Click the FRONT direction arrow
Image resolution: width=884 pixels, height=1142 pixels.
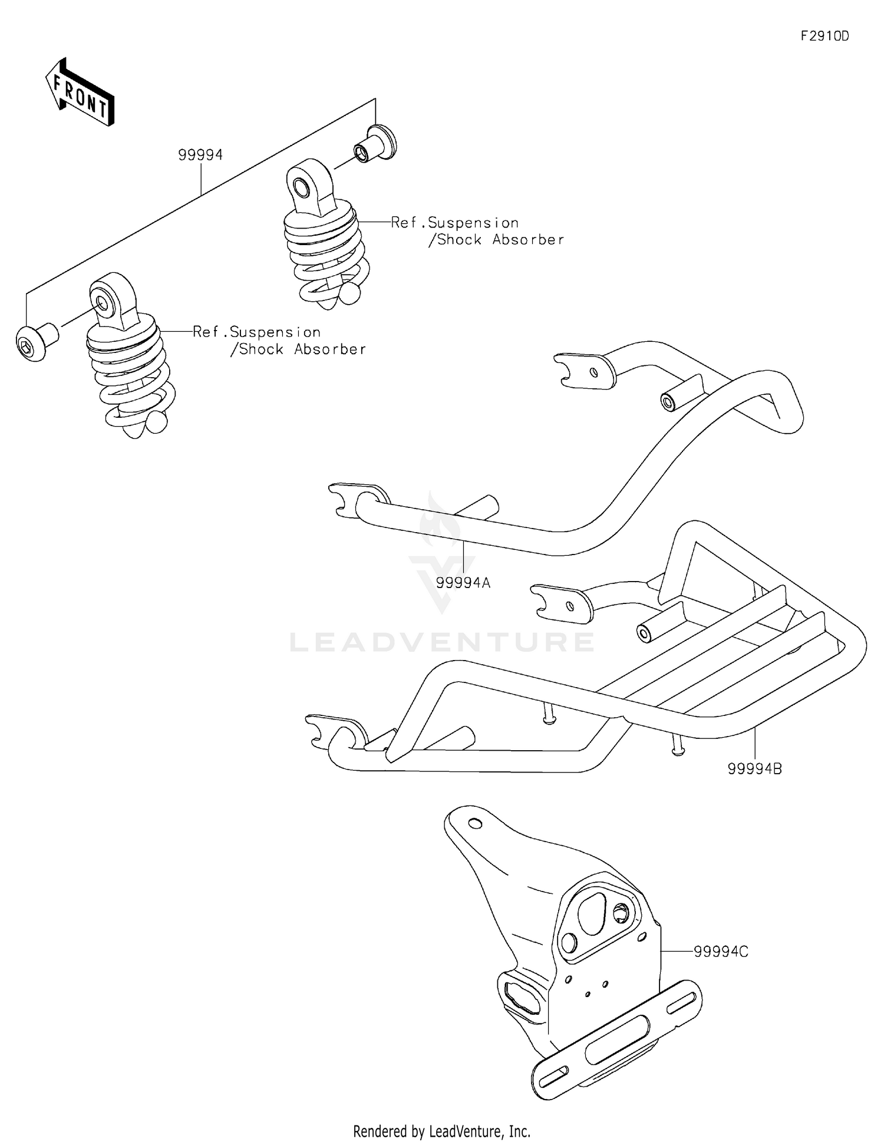(x=80, y=93)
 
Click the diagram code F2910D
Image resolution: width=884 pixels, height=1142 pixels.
(x=824, y=37)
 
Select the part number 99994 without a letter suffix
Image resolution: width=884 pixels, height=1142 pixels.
(x=200, y=155)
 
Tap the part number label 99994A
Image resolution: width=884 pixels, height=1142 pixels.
(x=463, y=583)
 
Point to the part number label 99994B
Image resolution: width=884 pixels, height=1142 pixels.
(x=754, y=768)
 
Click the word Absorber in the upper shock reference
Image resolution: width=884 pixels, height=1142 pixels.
(x=528, y=240)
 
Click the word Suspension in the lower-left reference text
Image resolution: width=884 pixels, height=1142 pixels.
(x=275, y=332)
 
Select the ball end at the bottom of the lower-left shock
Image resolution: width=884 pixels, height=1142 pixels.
(x=156, y=422)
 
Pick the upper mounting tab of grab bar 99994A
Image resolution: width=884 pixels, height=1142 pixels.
(x=583, y=371)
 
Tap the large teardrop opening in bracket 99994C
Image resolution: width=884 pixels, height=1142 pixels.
(x=591, y=912)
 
